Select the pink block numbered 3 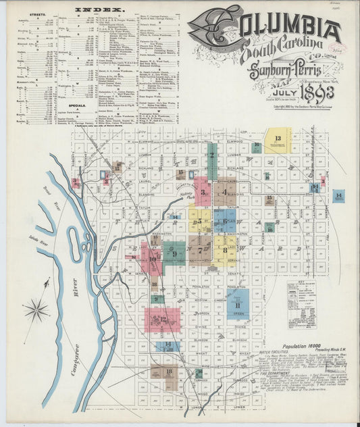[202, 191]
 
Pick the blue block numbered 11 [238, 304]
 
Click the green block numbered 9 [174, 253]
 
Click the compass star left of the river [36, 311]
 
